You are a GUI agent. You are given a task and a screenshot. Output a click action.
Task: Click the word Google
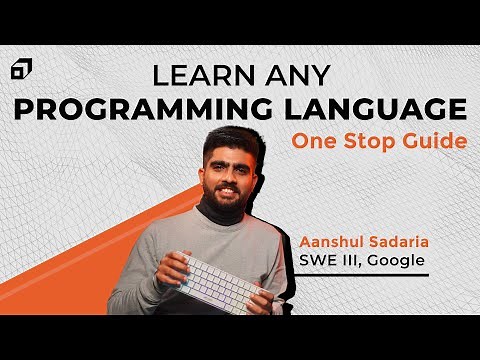point(400,262)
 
